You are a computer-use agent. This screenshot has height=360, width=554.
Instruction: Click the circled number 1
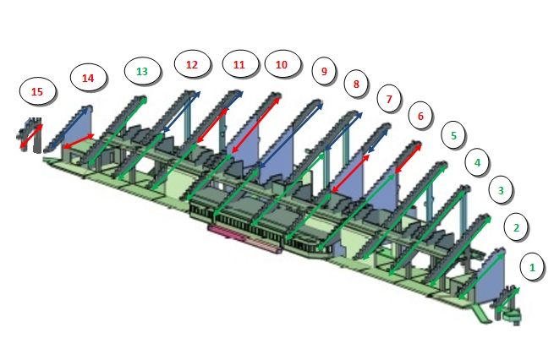coord(532,267)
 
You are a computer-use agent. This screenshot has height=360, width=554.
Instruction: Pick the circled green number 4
coord(477,161)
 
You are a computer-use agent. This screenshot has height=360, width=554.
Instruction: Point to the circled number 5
coord(453,134)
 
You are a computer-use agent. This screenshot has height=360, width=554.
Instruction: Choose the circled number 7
coord(389,99)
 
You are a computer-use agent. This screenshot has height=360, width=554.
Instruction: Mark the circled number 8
coord(356,84)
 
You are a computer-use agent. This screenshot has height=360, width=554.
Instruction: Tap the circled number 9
coord(322,71)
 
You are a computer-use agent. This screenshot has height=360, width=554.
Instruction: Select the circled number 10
coord(282,64)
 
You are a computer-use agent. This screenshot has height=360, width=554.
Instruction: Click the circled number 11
coord(239,64)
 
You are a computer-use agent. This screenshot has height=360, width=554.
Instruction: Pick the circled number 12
coord(192,64)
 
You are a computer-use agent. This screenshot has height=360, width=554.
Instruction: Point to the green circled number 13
coord(142,71)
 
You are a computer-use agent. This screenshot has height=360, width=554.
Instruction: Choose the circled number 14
coord(88,78)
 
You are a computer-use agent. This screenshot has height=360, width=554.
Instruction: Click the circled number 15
coord(36,91)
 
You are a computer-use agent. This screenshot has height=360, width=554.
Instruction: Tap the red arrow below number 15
coord(31,135)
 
